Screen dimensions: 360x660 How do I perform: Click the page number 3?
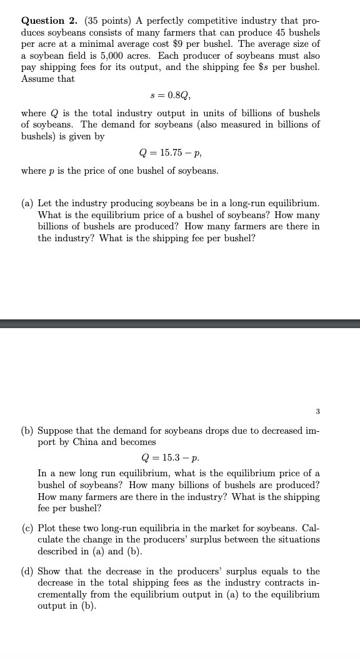[317, 411]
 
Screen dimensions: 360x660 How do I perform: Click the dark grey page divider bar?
[180, 323]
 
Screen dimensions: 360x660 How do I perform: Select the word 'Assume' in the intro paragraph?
[37, 79]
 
